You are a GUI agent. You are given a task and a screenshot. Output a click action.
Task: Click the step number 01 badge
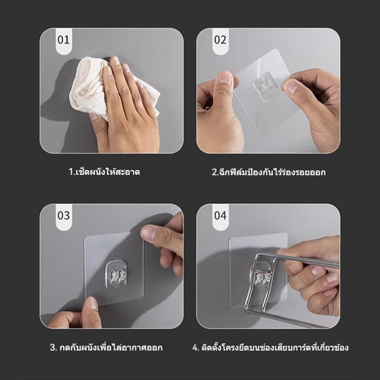tap(64, 41)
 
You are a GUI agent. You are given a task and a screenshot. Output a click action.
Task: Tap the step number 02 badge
tap(220, 41)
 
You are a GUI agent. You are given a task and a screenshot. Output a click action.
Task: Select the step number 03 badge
tap(64, 217)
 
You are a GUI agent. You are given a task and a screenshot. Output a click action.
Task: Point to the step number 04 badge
tap(220, 217)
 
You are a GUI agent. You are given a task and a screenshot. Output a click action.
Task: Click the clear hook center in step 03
tap(116, 275)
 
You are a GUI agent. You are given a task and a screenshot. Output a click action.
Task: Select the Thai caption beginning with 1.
tap(104, 172)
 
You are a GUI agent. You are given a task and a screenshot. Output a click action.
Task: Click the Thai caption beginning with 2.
tap(268, 172)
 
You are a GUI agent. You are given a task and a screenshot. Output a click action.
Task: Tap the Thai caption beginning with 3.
tap(106, 348)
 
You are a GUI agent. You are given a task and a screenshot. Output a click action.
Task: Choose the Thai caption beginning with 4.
tap(270, 348)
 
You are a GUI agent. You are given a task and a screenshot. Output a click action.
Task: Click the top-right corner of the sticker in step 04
tap(287, 233)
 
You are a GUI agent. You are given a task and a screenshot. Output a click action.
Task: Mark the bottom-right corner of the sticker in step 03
tap(143, 296)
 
